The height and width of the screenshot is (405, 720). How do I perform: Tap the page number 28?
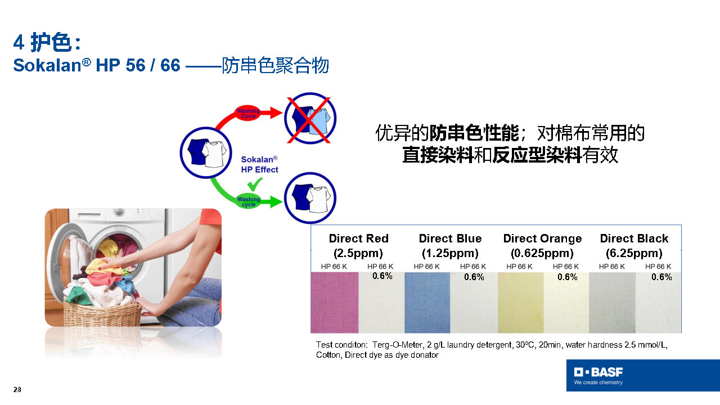[17, 390]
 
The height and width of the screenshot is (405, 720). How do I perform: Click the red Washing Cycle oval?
[248, 113]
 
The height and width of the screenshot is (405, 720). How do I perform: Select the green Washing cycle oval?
[249, 201]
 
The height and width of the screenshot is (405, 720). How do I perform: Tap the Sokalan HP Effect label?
[259, 164]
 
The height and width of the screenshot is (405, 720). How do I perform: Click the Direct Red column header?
[358, 246]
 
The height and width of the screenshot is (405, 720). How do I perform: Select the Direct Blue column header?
[450, 246]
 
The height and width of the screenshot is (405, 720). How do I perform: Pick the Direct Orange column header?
[542, 246]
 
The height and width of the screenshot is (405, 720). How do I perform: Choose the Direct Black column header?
[634, 246]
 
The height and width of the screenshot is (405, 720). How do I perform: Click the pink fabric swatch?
[334, 303]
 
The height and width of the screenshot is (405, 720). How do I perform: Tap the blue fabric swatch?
[427, 303]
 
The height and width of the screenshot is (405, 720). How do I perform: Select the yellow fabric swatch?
[521, 303]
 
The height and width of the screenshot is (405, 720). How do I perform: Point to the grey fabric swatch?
[612, 303]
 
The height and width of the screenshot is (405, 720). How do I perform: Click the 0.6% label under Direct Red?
[382, 276]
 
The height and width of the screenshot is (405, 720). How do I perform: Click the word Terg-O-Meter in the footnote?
[397, 345]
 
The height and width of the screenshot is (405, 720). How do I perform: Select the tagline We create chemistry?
[598, 382]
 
